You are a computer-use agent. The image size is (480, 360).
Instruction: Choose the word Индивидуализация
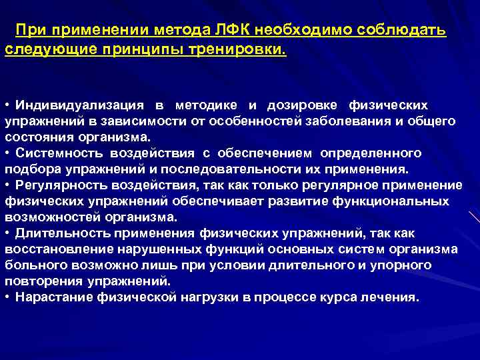(81, 105)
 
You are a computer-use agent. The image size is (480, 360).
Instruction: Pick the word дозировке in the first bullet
(303, 105)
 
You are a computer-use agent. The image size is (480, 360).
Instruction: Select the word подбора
(31, 169)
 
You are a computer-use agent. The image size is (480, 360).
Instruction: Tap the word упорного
(404, 265)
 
